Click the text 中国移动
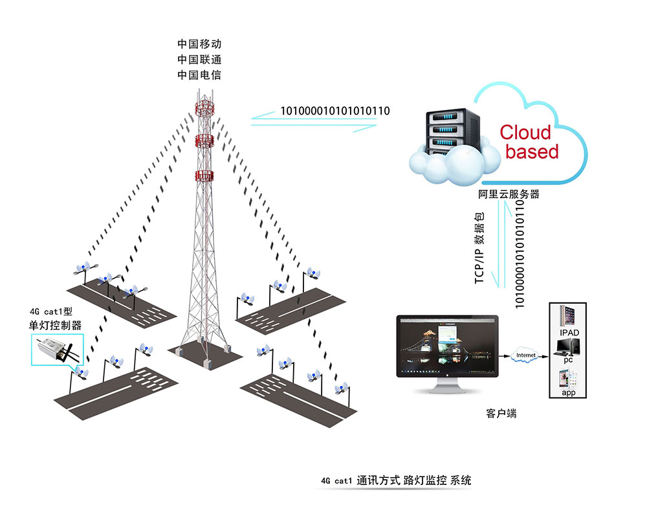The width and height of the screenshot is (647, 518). tap(199, 44)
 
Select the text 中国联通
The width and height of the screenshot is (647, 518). tap(199, 60)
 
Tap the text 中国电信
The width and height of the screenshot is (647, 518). tap(199, 75)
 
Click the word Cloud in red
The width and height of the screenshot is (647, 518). tap(525, 133)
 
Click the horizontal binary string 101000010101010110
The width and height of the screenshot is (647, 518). tap(334, 111)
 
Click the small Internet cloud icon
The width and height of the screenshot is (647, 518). tap(525, 355)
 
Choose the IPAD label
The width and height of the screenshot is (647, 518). tap(569, 333)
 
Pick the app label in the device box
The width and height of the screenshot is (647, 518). tap(569, 393)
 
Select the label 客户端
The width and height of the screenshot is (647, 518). tap(501, 413)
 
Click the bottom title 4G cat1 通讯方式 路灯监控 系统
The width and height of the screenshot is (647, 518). tap(396, 480)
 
